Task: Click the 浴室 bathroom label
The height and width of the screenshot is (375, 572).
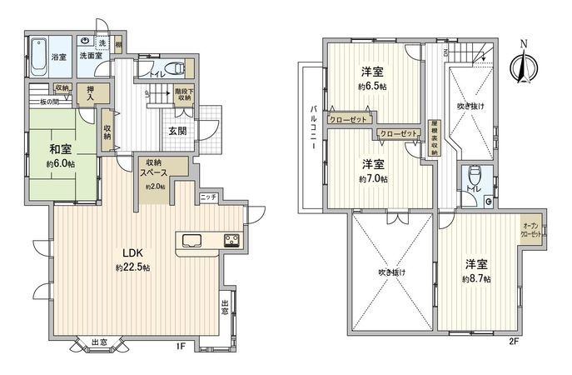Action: point(59,57)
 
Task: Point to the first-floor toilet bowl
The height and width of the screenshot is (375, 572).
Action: point(173,69)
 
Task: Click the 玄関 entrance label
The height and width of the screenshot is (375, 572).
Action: point(177,131)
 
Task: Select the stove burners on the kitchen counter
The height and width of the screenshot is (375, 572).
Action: point(230,242)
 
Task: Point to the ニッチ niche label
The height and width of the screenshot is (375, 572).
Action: point(208,197)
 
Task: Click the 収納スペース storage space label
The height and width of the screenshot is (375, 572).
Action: point(155,167)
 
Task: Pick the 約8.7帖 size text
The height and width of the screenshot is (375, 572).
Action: point(477,278)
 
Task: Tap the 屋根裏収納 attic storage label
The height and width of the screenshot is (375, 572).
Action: point(433,138)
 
